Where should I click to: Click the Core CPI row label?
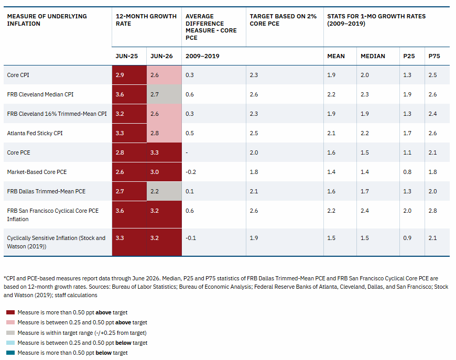coord(18,75)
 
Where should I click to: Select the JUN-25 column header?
coord(126,56)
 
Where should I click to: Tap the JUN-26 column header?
coord(161,56)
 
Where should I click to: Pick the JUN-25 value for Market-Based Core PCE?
coord(120,172)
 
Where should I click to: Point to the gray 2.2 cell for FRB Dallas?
coord(164,191)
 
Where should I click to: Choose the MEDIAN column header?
coord(373,56)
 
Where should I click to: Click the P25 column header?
coord(409,56)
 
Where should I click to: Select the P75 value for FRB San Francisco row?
coord(432,211)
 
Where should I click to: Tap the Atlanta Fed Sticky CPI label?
coord(35,133)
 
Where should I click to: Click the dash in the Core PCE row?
coord(187,152)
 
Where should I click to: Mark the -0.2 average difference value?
coord(191,172)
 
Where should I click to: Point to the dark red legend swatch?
coord(10,312)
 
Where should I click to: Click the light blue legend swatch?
coord(10,343)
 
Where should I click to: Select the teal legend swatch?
coord(10,353)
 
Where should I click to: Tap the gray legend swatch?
coord(10,333)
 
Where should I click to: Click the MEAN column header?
coord(336,56)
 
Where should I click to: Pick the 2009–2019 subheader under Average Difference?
coord(202,56)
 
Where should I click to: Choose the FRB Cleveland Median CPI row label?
coord(40,94)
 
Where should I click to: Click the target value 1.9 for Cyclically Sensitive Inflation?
coord(254,238)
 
